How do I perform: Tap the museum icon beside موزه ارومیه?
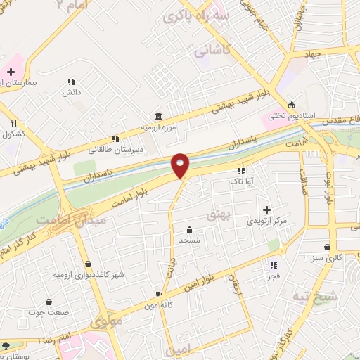[x=157, y=115]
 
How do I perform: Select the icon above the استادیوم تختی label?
[x=292, y=103]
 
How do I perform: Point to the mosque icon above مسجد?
[x=189, y=229]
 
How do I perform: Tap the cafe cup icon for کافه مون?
[x=159, y=294]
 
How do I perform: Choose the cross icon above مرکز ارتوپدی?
[x=266, y=210]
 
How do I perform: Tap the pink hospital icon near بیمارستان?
[x=10, y=72]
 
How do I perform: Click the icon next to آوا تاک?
[x=241, y=171]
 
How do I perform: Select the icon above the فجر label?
[x=274, y=265]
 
